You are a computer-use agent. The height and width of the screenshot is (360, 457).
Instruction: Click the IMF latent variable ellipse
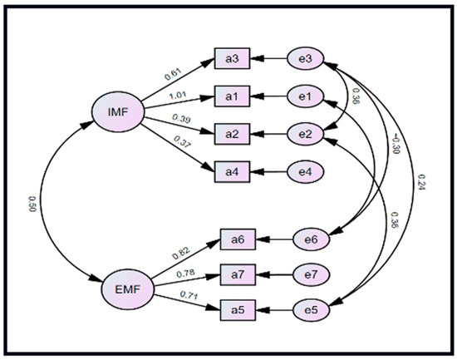118,111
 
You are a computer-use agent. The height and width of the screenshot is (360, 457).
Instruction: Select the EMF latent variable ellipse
128,289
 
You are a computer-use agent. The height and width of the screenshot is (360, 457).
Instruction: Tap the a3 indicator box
233,58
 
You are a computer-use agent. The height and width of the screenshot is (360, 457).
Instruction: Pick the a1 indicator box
233,96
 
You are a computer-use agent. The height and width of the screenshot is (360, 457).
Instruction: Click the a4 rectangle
233,172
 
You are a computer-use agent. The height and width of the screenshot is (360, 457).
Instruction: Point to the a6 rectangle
238,239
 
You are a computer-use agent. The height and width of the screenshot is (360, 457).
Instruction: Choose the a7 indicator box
238,275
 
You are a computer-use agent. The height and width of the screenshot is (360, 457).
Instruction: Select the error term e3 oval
306,58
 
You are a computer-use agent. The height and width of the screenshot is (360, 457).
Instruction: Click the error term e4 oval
306,172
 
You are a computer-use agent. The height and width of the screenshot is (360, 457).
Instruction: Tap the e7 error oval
312,275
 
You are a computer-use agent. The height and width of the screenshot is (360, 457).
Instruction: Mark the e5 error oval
312,310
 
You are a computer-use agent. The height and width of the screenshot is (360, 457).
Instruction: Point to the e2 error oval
306,134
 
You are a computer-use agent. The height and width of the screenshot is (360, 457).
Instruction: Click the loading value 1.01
178,96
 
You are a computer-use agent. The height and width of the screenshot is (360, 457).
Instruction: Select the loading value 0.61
173,74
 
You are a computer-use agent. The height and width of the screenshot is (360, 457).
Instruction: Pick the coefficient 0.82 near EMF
180,254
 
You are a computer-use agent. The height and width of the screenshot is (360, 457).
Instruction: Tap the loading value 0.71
189,295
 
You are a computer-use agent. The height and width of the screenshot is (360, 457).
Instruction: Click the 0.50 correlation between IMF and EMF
32,204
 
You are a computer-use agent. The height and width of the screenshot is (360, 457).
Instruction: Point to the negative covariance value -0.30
396,144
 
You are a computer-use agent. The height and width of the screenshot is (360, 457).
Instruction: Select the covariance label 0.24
421,182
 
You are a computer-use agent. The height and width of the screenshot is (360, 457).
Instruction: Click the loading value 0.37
182,142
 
